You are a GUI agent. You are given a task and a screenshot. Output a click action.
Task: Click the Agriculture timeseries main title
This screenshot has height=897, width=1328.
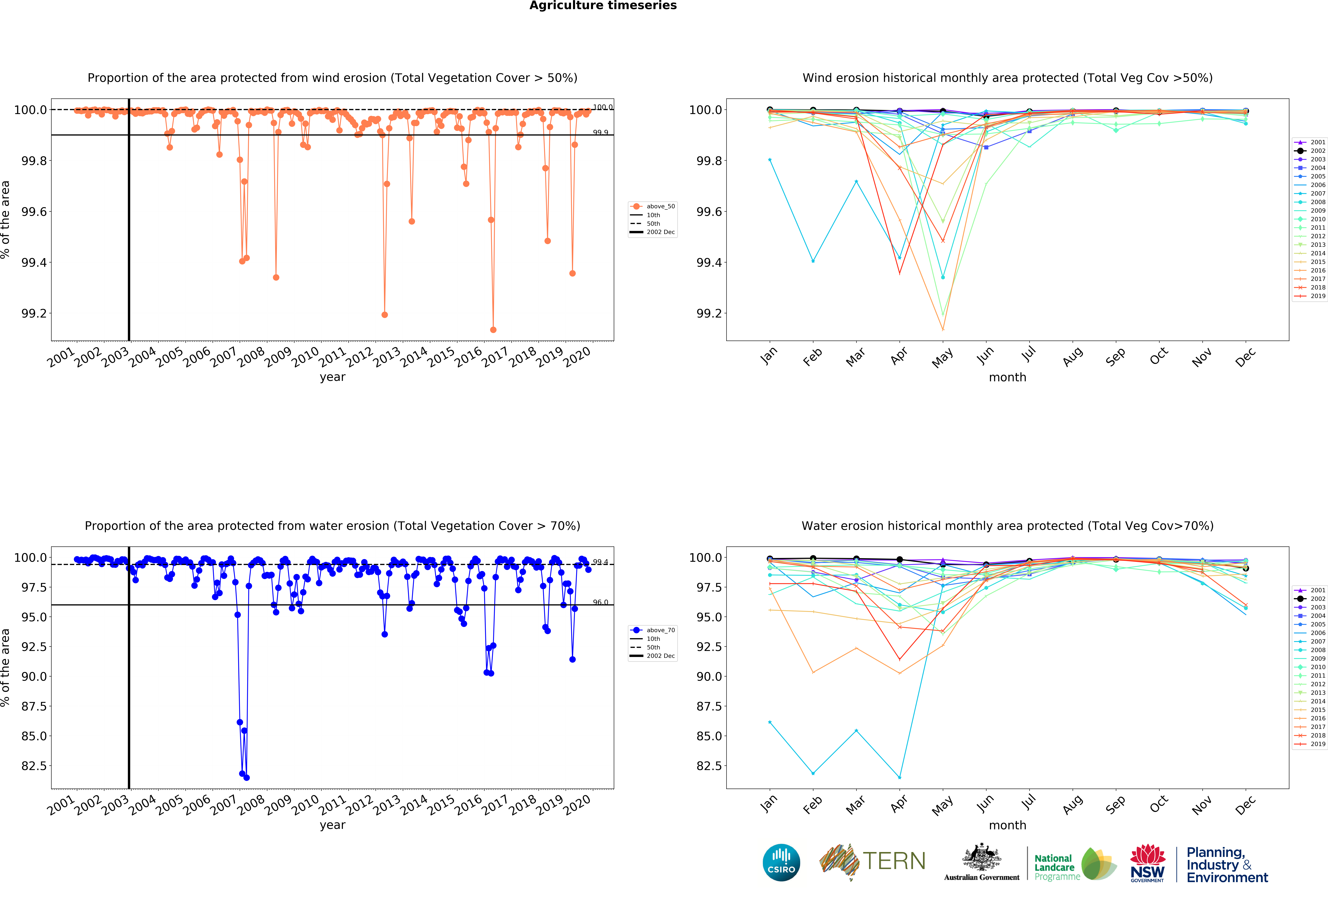coord(603,6)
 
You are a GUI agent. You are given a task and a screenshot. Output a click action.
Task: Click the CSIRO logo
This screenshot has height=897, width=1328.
coord(781,863)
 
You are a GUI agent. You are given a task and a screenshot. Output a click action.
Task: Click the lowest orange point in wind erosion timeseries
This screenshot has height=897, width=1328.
coord(493,330)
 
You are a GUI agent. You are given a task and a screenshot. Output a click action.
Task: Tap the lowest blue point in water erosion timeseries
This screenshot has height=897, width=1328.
coord(246,778)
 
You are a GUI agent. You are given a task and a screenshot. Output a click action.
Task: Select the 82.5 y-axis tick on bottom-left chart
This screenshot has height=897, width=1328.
coord(34,766)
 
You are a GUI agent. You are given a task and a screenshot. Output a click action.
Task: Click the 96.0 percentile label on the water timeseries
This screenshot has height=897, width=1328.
coord(600,602)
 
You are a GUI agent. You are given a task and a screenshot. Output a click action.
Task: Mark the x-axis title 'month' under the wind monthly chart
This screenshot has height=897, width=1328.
coord(1007,377)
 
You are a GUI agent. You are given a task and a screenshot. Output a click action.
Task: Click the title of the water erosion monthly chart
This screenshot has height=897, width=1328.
coord(1007,526)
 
